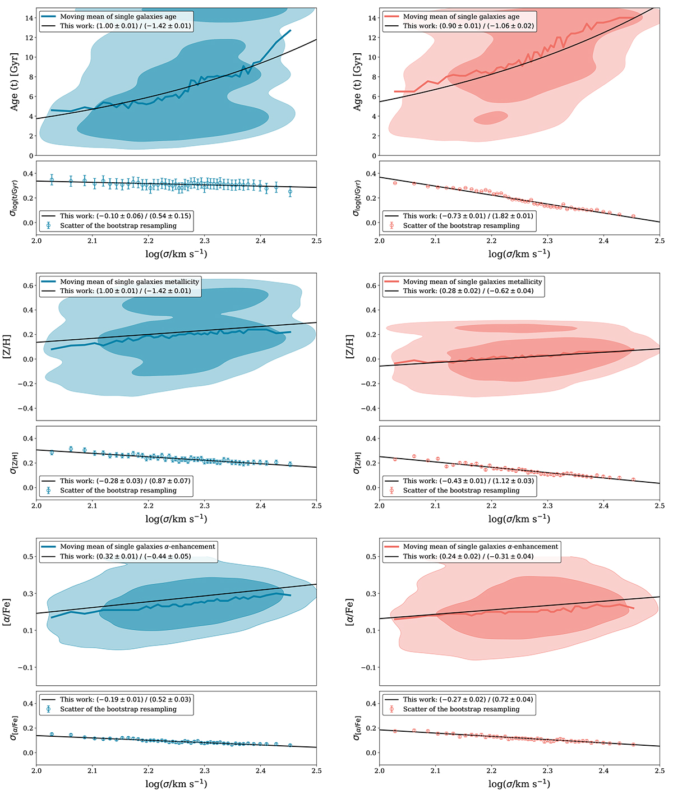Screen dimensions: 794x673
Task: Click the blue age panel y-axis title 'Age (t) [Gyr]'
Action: pos(15,82)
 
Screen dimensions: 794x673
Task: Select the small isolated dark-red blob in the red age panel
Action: pos(491,117)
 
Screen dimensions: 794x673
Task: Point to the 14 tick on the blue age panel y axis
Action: pos(29,18)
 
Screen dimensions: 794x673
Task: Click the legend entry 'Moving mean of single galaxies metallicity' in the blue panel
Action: pos(130,281)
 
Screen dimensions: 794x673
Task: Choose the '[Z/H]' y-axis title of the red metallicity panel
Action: pos(351,347)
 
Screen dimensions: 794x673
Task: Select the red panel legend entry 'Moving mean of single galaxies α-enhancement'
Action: pos(481,546)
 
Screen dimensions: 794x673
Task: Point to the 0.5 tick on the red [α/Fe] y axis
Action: pos(371,557)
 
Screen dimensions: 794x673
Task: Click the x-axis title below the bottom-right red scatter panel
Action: pos(519,783)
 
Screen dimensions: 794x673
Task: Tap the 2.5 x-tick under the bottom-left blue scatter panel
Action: pos(316,770)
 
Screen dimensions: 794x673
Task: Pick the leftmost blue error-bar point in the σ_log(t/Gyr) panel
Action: pos(52,180)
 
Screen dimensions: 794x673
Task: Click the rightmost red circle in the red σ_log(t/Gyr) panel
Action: pos(633,216)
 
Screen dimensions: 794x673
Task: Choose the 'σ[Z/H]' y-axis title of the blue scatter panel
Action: pos(13,463)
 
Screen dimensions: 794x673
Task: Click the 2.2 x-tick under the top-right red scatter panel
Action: pos(491,241)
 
